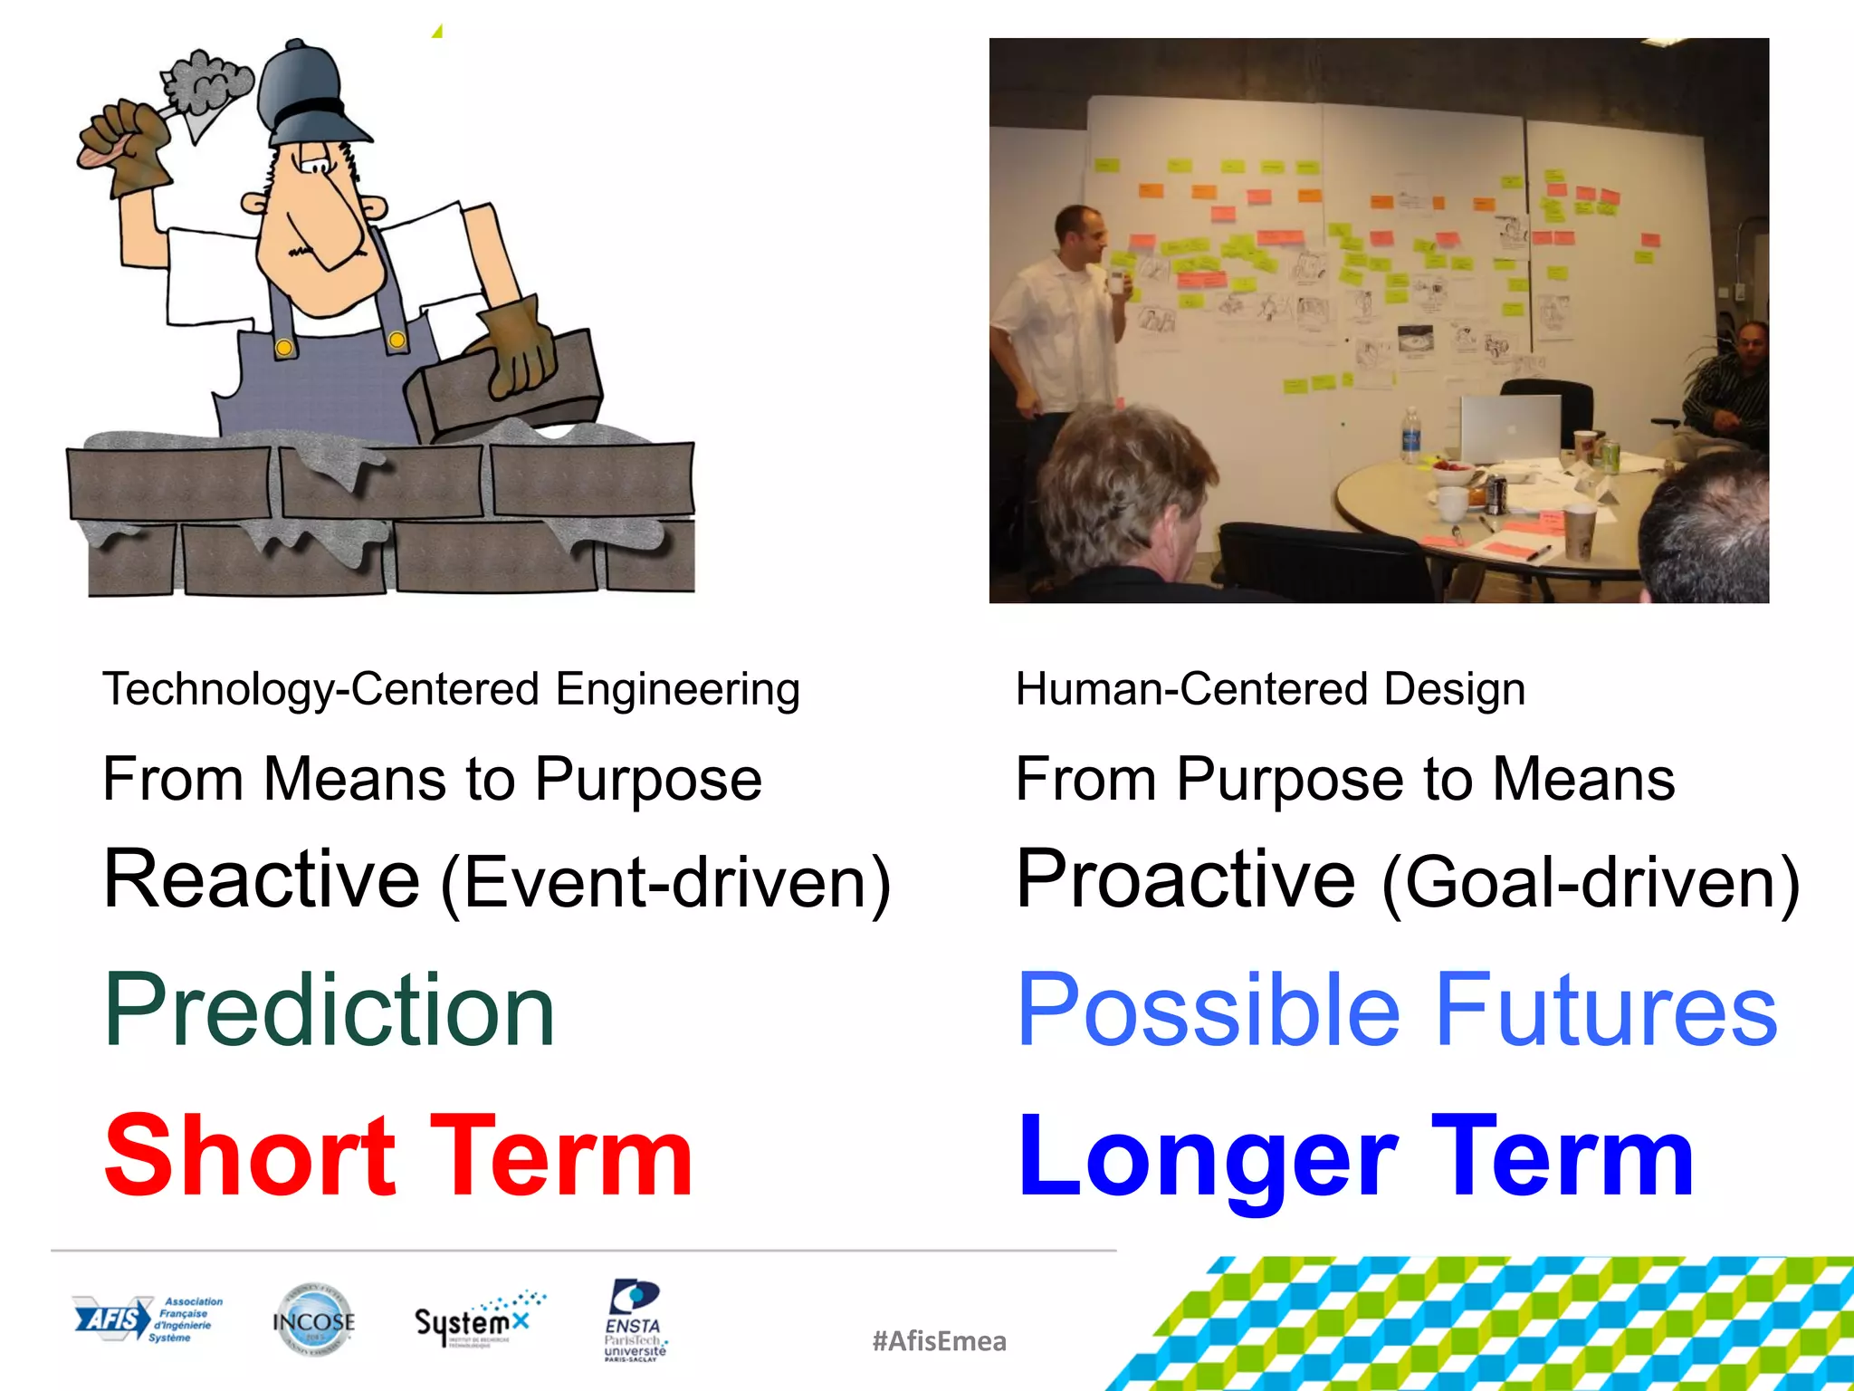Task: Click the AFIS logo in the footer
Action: pos(148,1319)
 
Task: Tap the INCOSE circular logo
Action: pos(313,1321)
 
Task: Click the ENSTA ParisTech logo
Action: pos(635,1319)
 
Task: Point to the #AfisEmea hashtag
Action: pos(939,1341)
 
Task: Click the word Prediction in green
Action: pos(329,1011)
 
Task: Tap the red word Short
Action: pos(250,1156)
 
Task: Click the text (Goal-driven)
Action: pos(1590,884)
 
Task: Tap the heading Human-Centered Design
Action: pos(1269,689)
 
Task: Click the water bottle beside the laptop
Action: pos(1410,436)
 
